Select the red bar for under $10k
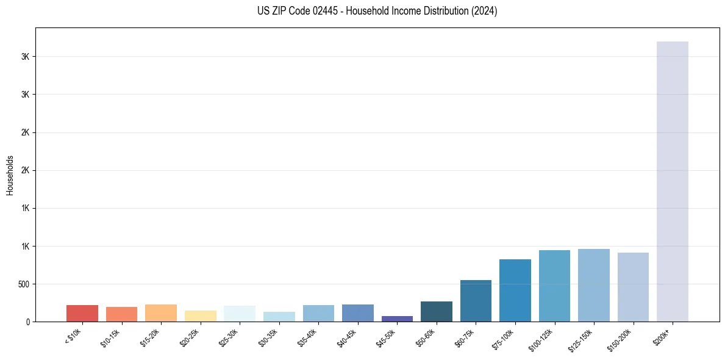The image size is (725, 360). [x=82, y=313]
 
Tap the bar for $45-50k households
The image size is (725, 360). [x=397, y=319]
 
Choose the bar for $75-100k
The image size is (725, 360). [x=515, y=290]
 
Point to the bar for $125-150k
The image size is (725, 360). [x=594, y=285]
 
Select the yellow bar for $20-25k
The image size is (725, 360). [x=201, y=316]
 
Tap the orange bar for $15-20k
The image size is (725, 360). [x=161, y=313]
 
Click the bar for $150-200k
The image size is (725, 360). [x=633, y=287]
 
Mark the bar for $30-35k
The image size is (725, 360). [x=279, y=317]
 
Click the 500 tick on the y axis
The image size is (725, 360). [x=24, y=284]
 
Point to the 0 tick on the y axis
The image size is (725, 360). [x=28, y=322]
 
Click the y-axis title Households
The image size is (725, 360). [x=10, y=175]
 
